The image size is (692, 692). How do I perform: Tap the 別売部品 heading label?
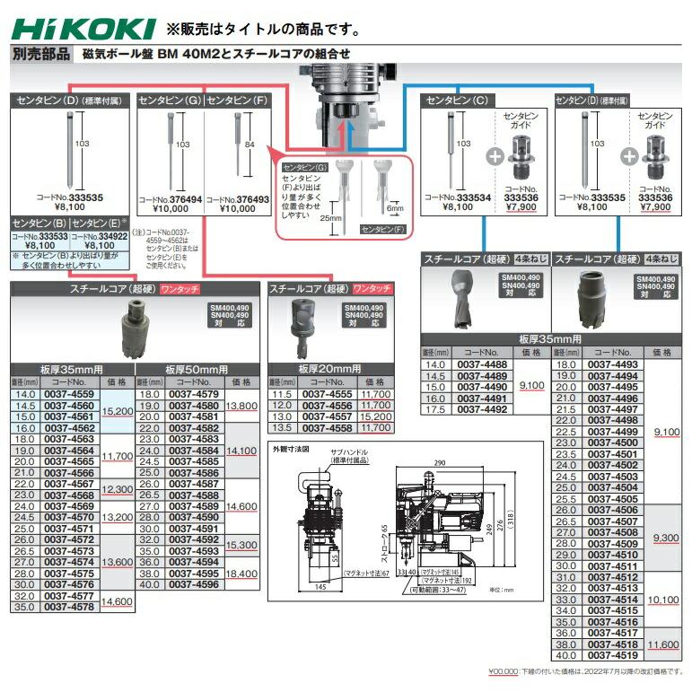pyautogui.click(x=40, y=55)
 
